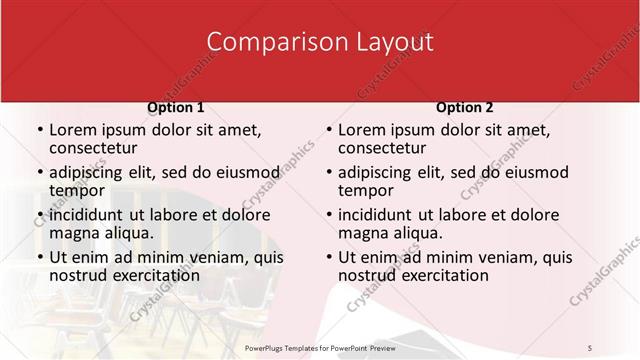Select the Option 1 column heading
click(176, 107)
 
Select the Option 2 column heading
click(465, 107)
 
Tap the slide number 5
click(590, 347)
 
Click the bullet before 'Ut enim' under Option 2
click(329, 257)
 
